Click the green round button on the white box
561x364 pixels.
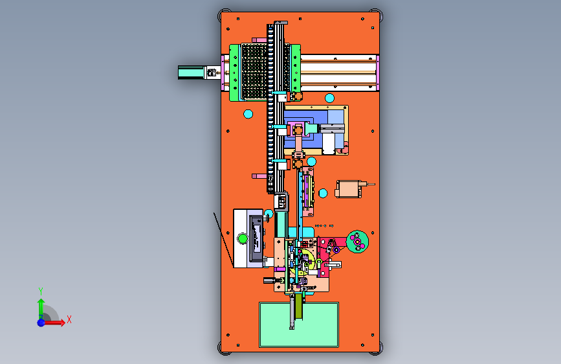pyautogui.click(x=243, y=238)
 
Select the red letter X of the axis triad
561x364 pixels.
pyautogui.click(x=69, y=319)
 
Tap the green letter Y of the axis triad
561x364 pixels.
pyautogui.click(x=41, y=291)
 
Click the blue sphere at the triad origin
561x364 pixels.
pyautogui.click(x=41, y=323)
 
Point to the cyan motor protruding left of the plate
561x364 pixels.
pyautogui.click(x=191, y=73)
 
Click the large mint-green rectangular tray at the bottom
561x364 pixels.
pyautogui.click(x=299, y=324)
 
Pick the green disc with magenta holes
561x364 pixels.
pyautogui.click(x=357, y=242)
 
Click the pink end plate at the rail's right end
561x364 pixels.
pyautogui.click(x=377, y=73)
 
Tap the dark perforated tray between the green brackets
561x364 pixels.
pyautogui.click(x=254, y=71)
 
